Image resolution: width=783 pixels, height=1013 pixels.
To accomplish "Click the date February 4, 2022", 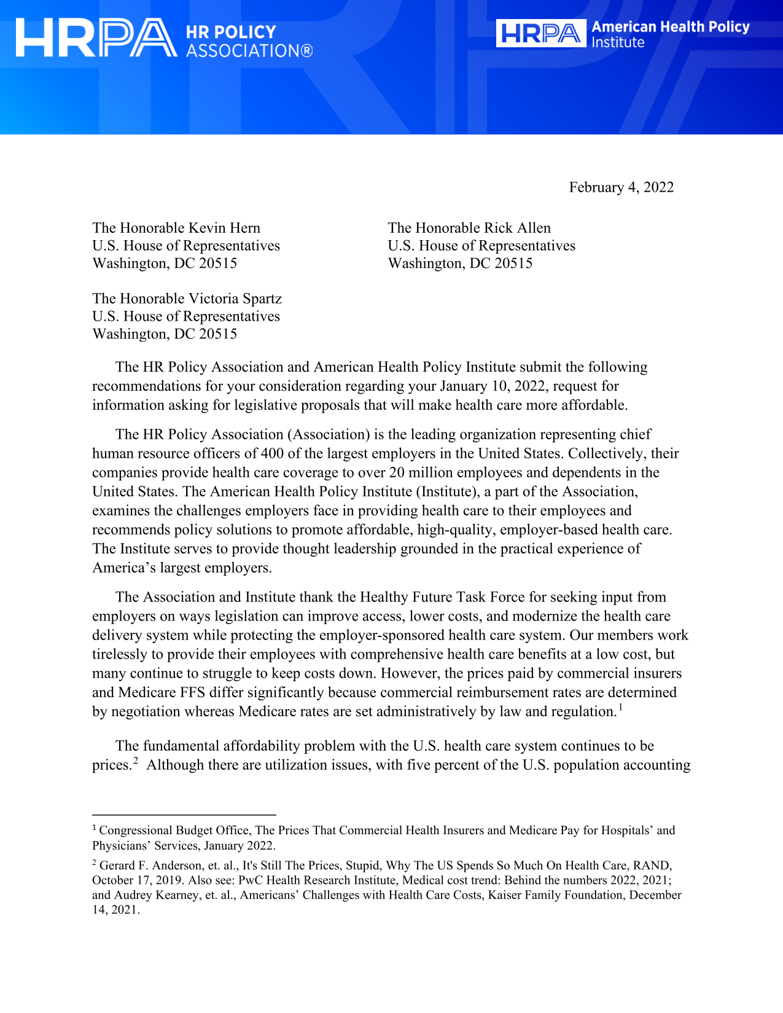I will [621, 187].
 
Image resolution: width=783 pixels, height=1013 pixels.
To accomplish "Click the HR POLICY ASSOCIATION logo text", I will [249, 41].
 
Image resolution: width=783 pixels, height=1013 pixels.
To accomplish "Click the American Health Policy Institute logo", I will [623, 34].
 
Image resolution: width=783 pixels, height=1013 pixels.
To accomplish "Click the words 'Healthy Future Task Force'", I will [442, 597].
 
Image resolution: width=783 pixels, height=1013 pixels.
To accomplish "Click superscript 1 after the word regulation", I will [621, 707].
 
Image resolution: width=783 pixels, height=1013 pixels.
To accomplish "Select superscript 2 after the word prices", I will [136, 761].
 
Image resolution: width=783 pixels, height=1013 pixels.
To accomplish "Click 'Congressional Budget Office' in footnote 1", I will [173, 831].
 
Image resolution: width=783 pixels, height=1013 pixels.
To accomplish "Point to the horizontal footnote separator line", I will [184, 815].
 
